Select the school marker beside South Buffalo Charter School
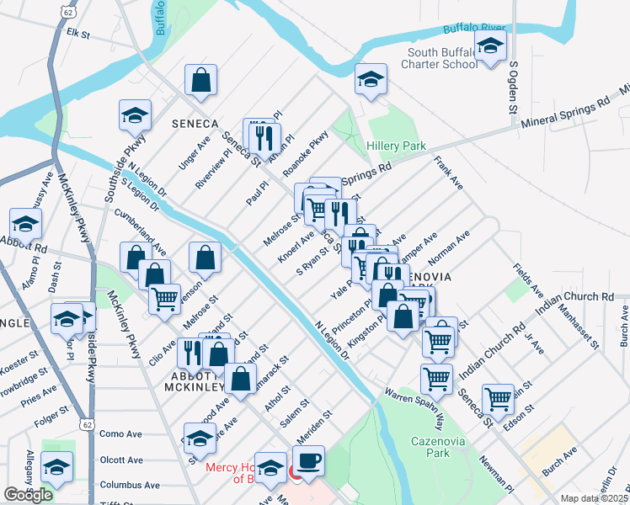coord(489,47)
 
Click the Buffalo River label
coord(473,29)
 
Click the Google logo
coord(28,495)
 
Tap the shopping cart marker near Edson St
coord(499,398)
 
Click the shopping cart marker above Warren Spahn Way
coord(436,379)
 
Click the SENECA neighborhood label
coord(195,123)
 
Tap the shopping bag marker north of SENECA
coord(201,81)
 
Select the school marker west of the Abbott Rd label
coord(26,225)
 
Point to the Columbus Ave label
coord(129,485)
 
